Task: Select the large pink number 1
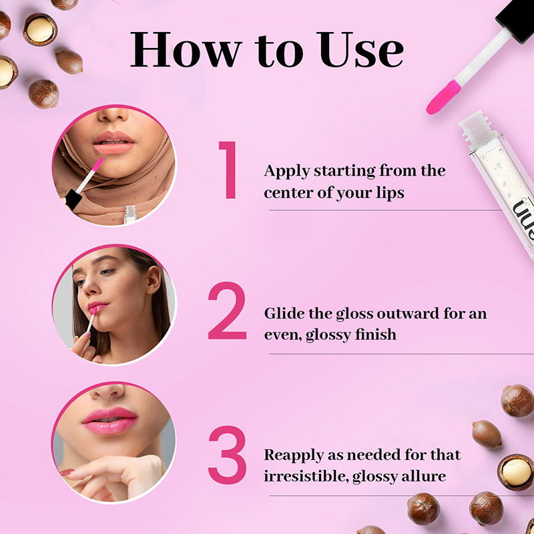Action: pos(230,171)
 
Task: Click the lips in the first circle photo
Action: pos(113,140)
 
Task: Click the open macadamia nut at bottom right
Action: pos(516,472)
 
